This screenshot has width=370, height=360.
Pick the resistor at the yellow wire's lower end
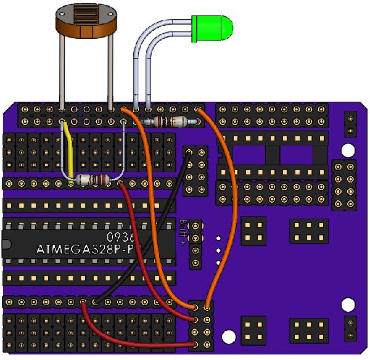(x=93, y=181)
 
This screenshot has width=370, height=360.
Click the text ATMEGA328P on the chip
(x=86, y=250)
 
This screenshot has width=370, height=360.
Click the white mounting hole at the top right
(x=349, y=150)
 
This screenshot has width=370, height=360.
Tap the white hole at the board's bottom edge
(x=229, y=337)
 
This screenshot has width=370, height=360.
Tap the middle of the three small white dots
(x=219, y=250)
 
